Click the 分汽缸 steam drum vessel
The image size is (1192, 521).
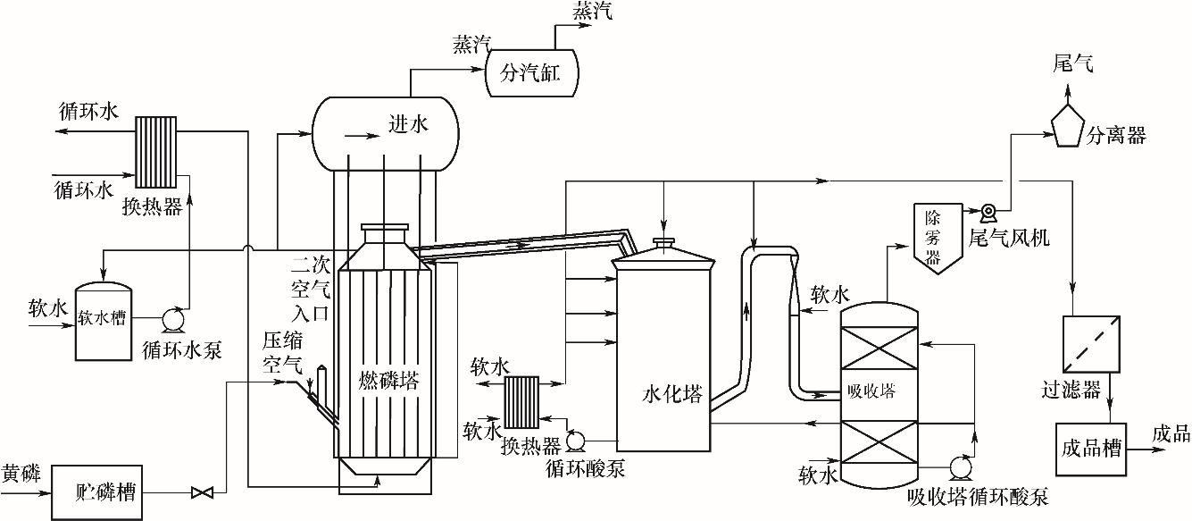(x=532, y=72)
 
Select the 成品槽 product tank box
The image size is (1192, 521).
(x=1090, y=448)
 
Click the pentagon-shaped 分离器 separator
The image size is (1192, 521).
(x=1067, y=127)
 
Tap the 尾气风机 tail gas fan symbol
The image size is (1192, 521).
(x=988, y=213)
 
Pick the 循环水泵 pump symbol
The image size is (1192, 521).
(x=172, y=317)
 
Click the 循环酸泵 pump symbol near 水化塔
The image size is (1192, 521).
(x=576, y=440)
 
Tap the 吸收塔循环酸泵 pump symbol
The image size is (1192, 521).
(x=961, y=466)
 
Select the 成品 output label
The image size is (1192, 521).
(x=1171, y=434)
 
